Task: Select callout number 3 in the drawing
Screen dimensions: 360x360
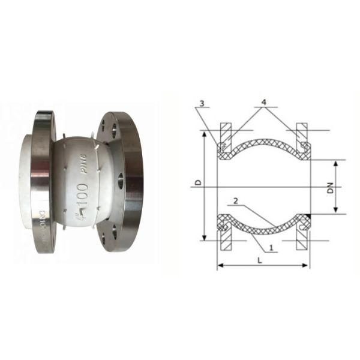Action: pyautogui.click(x=202, y=104)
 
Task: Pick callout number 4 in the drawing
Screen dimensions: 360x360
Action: pyautogui.click(x=263, y=104)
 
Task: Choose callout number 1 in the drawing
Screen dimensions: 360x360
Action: pyautogui.click(x=272, y=247)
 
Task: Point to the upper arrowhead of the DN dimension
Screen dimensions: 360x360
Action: pyautogui.click(x=336, y=163)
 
